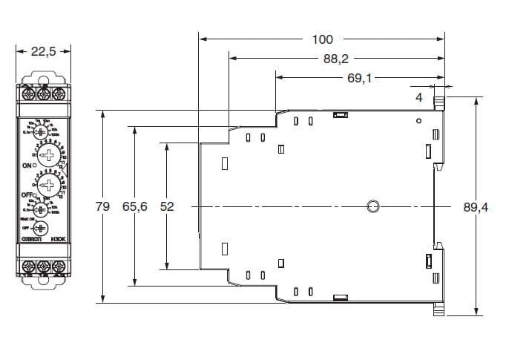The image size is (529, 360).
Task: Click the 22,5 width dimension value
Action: pyautogui.click(x=44, y=51)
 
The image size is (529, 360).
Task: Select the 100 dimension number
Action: pyautogui.click(x=323, y=39)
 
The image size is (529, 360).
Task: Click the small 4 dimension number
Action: pyautogui.click(x=418, y=96)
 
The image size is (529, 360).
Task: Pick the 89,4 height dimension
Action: pyautogui.click(x=476, y=207)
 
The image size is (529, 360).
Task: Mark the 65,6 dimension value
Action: pyautogui.click(x=134, y=207)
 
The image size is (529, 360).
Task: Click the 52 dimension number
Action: pyautogui.click(x=167, y=207)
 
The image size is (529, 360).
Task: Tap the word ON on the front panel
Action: pyautogui.click(x=28, y=165)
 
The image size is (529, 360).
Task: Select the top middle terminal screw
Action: pyautogui.click(x=44, y=93)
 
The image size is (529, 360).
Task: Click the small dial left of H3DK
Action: pyautogui.click(x=42, y=229)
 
